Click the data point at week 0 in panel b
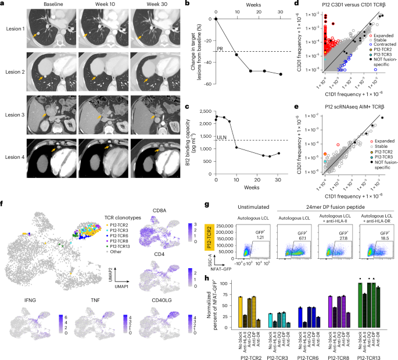tap(216, 19)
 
